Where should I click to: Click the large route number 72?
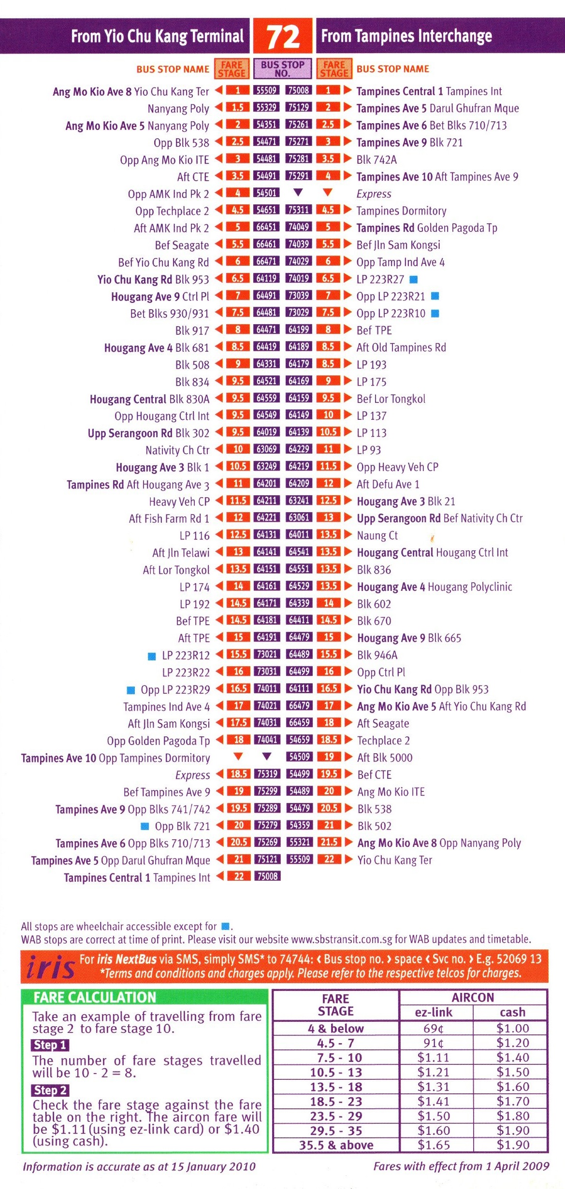click(x=283, y=37)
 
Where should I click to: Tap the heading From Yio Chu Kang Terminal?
click(x=157, y=36)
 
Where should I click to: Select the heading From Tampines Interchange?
click(x=406, y=36)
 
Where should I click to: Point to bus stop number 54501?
click(x=266, y=193)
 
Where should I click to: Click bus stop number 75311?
click(x=299, y=210)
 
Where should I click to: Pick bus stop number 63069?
click(x=267, y=449)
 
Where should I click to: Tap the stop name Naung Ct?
click(x=377, y=535)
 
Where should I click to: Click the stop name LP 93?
click(x=368, y=450)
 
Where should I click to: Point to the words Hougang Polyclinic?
click(x=470, y=587)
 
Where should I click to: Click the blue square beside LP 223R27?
click(x=413, y=279)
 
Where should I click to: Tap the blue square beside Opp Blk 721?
click(x=144, y=826)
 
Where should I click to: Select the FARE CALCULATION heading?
click(x=95, y=998)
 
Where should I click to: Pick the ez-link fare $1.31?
click(x=433, y=1087)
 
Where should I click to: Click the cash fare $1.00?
click(x=512, y=1028)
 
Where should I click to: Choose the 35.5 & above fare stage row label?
click(x=336, y=1145)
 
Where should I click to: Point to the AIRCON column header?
click(x=472, y=998)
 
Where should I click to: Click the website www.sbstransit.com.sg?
click(x=342, y=939)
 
